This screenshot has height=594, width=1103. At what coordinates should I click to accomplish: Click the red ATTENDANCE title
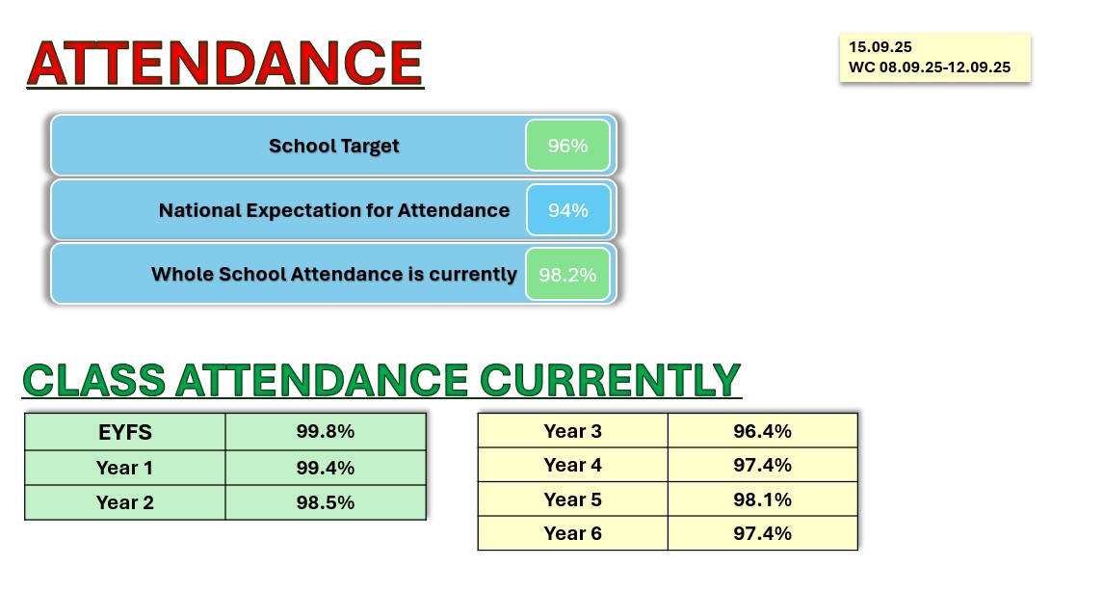tap(225, 64)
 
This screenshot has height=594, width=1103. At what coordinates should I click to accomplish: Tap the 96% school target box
tap(567, 146)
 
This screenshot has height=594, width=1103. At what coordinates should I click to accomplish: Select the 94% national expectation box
tap(568, 209)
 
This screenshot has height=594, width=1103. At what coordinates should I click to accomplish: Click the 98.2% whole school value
tap(567, 274)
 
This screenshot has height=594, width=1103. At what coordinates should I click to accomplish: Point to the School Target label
tap(333, 146)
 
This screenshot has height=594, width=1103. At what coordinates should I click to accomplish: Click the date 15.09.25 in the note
tap(880, 47)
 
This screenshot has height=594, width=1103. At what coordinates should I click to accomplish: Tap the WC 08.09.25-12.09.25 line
tap(930, 67)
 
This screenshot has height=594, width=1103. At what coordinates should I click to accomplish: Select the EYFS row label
tap(125, 432)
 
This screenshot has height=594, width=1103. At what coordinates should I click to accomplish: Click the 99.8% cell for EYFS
tap(326, 431)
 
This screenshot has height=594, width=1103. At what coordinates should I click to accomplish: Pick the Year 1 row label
tap(125, 468)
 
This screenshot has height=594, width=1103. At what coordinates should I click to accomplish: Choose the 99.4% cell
tap(326, 468)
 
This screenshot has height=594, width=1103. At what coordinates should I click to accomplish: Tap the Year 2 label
tap(125, 502)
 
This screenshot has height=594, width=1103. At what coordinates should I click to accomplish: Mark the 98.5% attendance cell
tap(326, 502)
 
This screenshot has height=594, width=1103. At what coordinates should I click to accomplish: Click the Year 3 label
tap(572, 431)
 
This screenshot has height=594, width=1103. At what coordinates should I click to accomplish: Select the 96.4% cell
tap(763, 431)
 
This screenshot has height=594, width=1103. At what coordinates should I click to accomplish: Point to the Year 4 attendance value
tap(763, 465)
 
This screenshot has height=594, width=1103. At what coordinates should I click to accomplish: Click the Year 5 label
tap(572, 499)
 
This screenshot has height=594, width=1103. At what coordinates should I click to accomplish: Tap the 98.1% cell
tap(763, 499)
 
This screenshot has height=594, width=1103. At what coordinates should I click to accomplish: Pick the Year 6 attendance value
tap(763, 533)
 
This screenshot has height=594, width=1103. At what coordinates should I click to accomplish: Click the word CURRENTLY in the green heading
tap(611, 381)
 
